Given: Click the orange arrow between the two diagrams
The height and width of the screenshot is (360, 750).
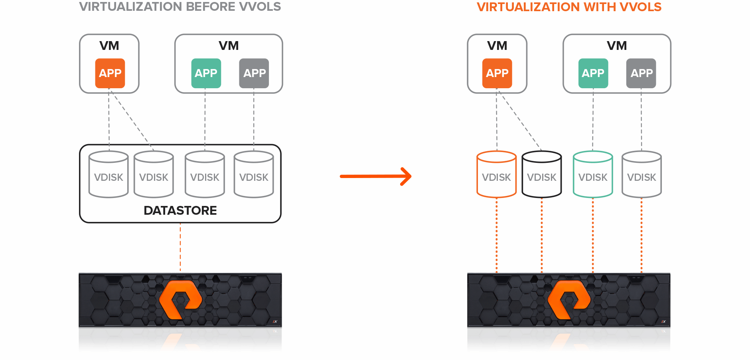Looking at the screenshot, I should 375,176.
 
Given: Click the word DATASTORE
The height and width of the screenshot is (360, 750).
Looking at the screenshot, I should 180,210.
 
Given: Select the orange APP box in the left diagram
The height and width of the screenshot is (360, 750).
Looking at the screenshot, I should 110,73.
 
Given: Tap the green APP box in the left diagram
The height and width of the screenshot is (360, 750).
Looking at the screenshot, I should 206,73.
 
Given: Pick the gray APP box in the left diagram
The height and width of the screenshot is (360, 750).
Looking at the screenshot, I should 254,73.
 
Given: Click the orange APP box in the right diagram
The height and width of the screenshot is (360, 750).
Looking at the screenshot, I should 497,73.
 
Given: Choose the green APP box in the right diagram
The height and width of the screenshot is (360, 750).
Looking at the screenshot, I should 593,73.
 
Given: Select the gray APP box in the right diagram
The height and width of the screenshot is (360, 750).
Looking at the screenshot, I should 641,73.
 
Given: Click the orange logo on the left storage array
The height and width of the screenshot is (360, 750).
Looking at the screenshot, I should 180,299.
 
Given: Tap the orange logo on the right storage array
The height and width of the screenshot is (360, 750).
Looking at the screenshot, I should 569,299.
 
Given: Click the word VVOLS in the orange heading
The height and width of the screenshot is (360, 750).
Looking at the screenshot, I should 640,7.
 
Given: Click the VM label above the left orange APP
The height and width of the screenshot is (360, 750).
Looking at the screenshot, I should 109,45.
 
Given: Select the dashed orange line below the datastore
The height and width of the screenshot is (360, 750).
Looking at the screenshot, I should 180,247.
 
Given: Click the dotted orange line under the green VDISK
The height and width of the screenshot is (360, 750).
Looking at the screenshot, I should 593,235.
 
